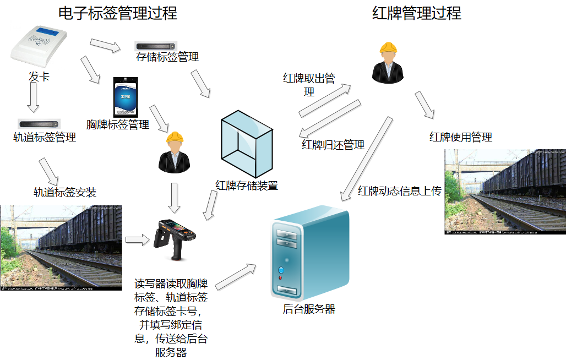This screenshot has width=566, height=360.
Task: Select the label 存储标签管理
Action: (x=167, y=57)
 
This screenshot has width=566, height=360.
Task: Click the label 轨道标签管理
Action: (x=45, y=137)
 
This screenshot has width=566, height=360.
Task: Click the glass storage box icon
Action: (x=246, y=144)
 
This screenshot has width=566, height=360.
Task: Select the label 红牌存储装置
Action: (x=247, y=186)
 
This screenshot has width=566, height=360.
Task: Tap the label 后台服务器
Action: (x=309, y=309)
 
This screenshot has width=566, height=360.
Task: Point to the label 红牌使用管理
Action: (x=461, y=137)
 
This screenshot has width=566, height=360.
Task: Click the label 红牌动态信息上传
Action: (x=400, y=191)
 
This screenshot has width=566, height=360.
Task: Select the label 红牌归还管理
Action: (x=333, y=145)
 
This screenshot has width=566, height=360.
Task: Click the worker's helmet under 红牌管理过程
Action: (x=388, y=48)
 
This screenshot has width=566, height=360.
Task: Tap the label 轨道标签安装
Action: (x=65, y=192)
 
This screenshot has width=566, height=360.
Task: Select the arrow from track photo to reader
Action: (x=137, y=239)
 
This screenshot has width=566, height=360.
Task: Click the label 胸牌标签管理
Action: (x=118, y=125)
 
